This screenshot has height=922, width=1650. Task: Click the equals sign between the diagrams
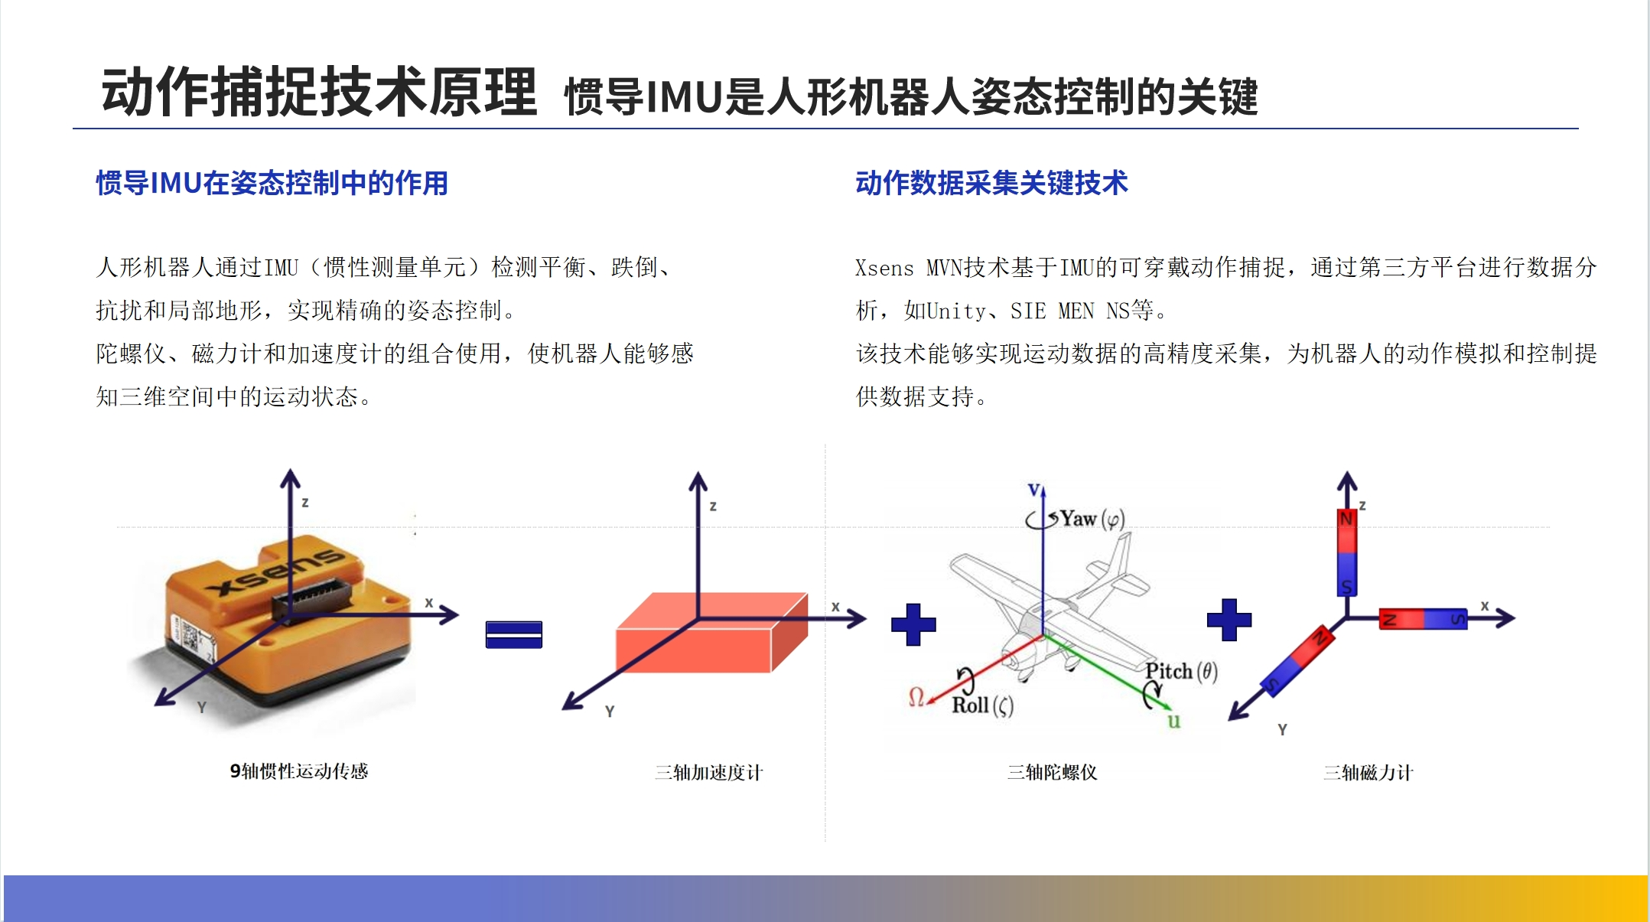coord(514,634)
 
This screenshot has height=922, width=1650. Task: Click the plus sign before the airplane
coord(913,624)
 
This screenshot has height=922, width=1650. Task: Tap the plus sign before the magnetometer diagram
coord(1229,620)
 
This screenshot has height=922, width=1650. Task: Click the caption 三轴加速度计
coord(708,772)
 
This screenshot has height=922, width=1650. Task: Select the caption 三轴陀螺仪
coord(1052,772)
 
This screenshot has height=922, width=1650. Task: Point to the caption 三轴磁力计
coord(1368,772)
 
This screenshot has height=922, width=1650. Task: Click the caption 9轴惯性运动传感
coord(299,771)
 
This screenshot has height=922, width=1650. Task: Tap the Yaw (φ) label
coord(1092,519)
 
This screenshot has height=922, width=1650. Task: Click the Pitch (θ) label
coord(1181,671)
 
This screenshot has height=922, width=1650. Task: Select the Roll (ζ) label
coord(982,705)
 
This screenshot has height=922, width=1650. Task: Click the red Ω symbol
coord(916,696)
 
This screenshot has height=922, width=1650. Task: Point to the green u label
coord(1173,720)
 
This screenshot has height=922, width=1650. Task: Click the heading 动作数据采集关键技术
coord(991,183)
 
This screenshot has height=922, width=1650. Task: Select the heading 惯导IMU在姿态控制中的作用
coord(272,183)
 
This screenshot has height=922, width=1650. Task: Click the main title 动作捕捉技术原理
coord(319,92)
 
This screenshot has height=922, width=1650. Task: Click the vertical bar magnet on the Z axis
coord(1346,552)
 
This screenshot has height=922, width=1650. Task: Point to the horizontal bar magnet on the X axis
coord(1423,618)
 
